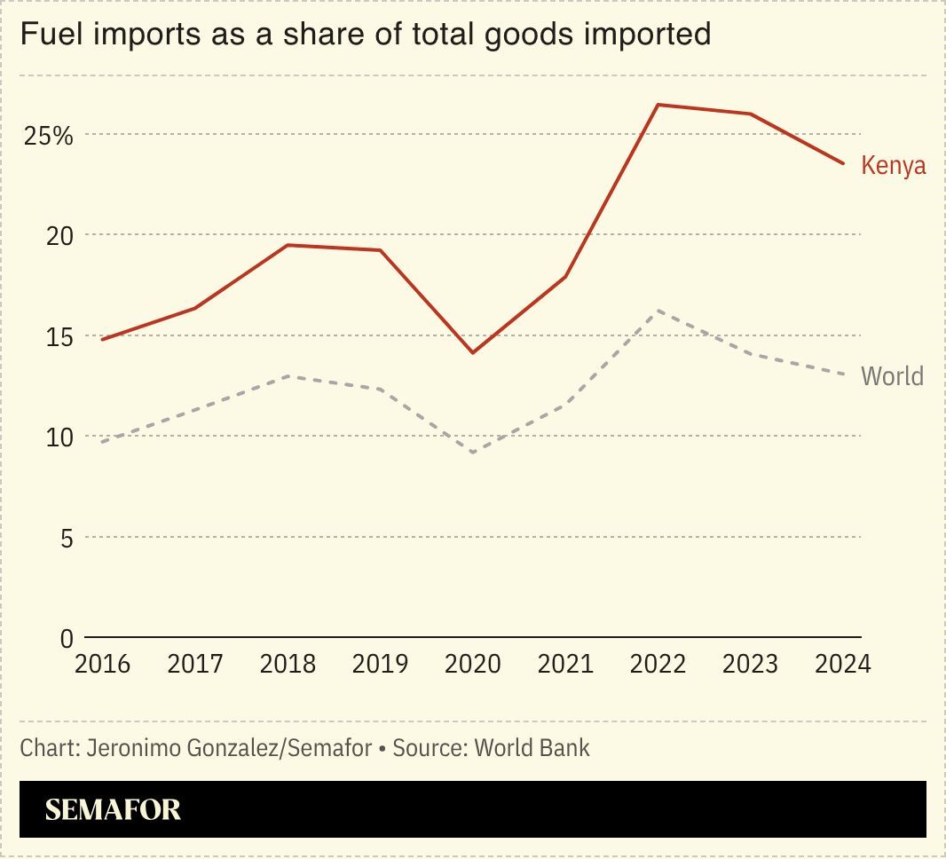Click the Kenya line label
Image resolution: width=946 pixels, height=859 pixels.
(x=893, y=166)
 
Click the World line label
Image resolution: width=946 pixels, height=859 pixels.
(x=892, y=376)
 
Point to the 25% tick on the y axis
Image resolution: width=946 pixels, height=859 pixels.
(x=49, y=136)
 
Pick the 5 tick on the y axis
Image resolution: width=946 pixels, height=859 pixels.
(x=67, y=538)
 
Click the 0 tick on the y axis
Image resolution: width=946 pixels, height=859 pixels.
(x=67, y=638)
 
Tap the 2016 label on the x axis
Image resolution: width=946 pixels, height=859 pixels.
(x=102, y=664)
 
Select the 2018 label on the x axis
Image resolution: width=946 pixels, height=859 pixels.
(x=288, y=664)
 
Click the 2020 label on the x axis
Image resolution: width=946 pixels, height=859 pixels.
(x=472, y=664)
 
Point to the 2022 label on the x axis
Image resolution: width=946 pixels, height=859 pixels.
(x=658, y=664)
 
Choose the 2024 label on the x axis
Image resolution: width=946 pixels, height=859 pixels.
(x=842, y=664)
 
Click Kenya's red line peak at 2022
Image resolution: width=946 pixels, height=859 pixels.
(x=658, y=105)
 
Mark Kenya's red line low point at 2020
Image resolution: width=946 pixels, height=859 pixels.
(x=472, y=353)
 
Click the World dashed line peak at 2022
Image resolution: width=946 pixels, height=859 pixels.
(x=658, y=311)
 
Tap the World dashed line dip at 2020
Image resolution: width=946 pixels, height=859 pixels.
(x=472, y=453)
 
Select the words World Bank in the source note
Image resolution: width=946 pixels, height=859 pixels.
(x=532, y=748)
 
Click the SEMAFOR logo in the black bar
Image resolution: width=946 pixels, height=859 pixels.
(x=113, y=809)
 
